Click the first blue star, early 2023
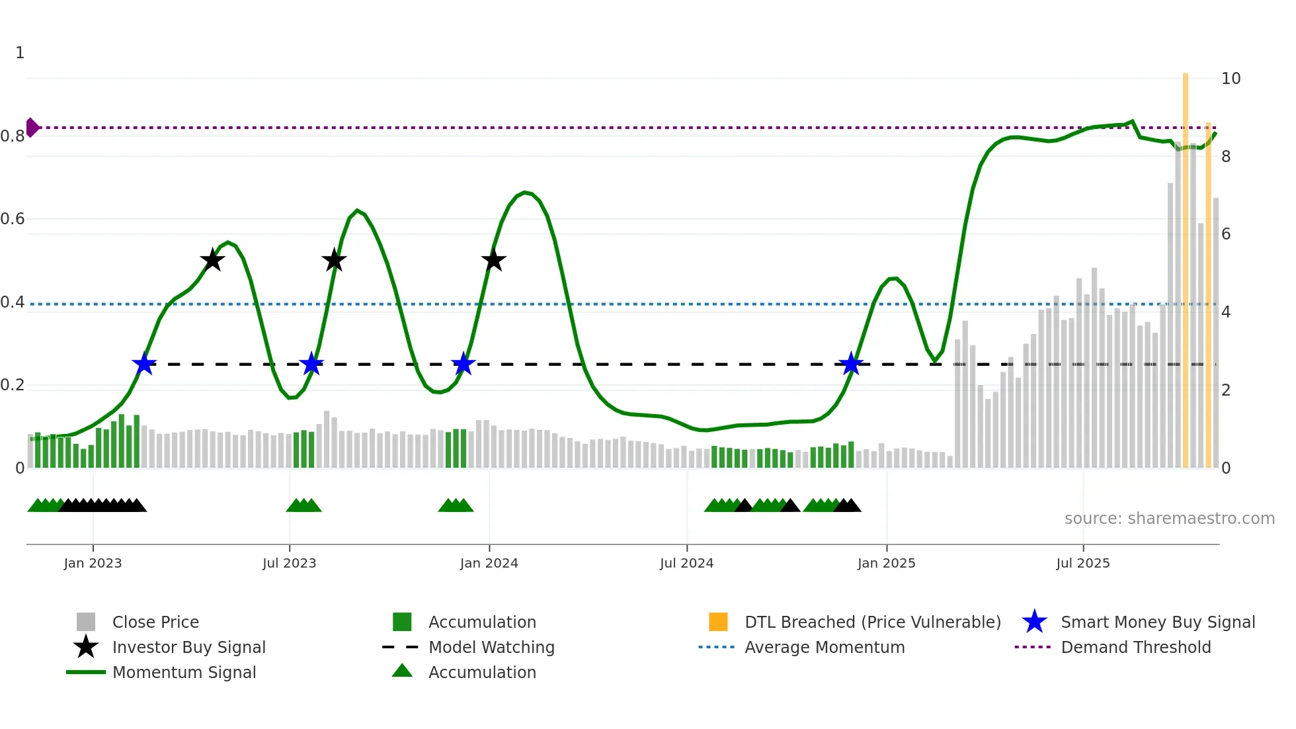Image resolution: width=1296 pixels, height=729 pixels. point(144,364)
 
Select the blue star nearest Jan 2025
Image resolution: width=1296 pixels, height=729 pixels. point(851,364)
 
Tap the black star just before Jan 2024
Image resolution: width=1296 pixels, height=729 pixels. point(493,261)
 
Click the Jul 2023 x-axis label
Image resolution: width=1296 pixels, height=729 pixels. point(289,563)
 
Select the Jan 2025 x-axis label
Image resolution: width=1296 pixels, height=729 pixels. point(886,563)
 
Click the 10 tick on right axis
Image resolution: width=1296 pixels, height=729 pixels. point(1231,79)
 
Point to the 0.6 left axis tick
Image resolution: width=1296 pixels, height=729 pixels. point(13,219)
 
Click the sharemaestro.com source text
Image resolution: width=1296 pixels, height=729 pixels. point(1169,519)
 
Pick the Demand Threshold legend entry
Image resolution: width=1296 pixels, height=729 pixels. point(1135,647)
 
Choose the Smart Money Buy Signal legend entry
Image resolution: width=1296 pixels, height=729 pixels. point(1157,622)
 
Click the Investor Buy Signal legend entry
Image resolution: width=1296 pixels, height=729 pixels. point(188,647)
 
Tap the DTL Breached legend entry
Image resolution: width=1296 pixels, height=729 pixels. point(872,622)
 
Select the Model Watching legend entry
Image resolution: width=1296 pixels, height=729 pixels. point(491,647)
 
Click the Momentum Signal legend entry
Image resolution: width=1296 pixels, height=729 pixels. point(184,672)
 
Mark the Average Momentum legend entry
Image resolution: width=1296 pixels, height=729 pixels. point(824,647)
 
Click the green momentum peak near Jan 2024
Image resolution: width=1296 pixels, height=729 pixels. point(525,193)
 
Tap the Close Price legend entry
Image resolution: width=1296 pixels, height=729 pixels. point(155,622)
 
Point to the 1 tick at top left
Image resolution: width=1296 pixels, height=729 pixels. point(20,53)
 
